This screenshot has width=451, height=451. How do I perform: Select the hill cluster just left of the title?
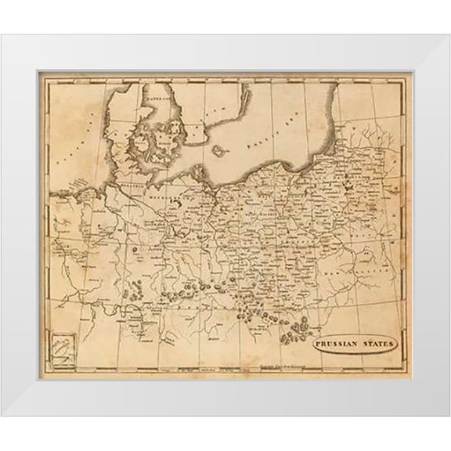296,333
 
